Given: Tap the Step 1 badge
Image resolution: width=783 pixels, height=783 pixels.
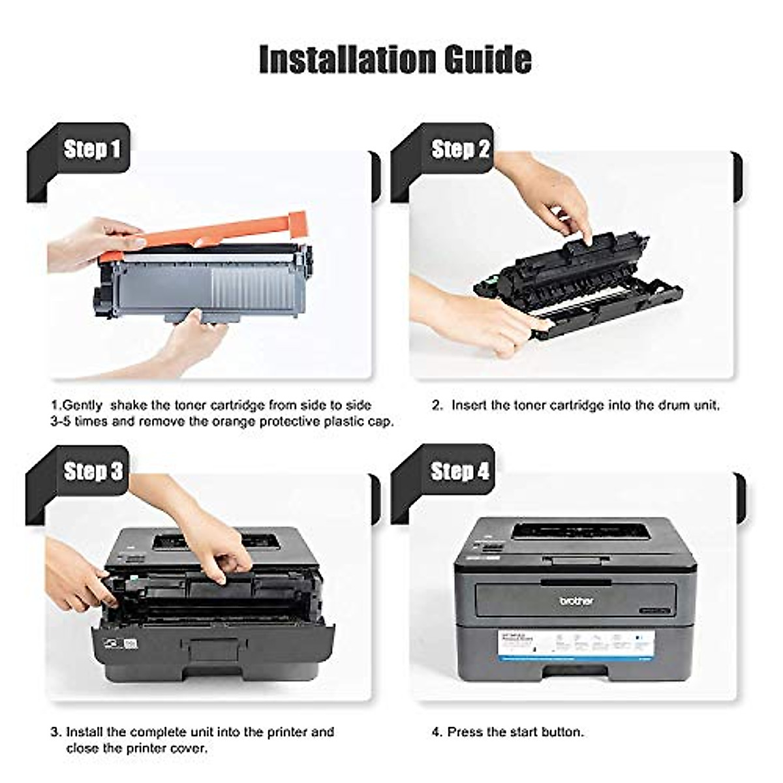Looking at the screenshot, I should (92, 149).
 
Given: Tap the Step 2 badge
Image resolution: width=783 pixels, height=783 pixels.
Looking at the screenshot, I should (460, 149).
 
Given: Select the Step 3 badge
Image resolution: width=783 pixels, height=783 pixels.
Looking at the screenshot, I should (93, 471).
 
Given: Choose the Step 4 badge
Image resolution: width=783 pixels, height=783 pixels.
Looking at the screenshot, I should (459, 470).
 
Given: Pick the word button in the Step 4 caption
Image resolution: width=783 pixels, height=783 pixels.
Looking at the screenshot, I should (562, 732).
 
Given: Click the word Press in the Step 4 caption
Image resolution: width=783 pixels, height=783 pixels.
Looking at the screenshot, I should (465, 732).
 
